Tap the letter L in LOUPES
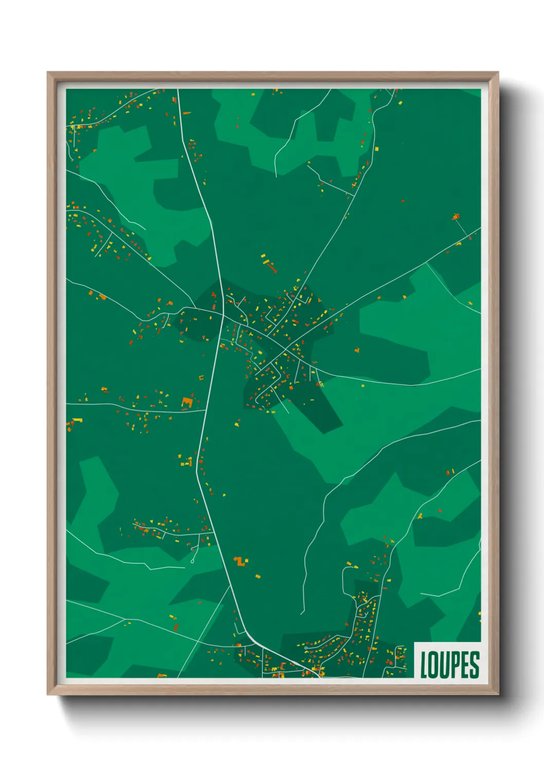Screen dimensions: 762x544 point(424,665)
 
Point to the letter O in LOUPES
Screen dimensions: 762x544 point(434,665)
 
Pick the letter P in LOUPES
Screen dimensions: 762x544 point(456,665)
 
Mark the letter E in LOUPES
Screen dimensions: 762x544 point(466,665)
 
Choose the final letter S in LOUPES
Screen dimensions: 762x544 point(475,665)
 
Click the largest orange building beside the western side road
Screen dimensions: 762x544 point(187,402)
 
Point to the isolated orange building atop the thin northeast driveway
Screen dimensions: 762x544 point(456,217)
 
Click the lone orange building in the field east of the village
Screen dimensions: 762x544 point(357,350)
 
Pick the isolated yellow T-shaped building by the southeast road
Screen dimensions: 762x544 point(420,515)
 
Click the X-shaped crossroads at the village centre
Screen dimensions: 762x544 point(284,351)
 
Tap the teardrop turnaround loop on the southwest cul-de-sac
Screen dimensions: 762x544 point(193,560)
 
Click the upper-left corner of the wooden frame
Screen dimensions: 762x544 point(48,73)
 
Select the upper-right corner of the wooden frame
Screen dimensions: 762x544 point(498,73)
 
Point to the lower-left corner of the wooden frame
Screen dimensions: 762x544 point(48,694)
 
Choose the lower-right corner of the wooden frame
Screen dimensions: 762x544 point(498,694)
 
